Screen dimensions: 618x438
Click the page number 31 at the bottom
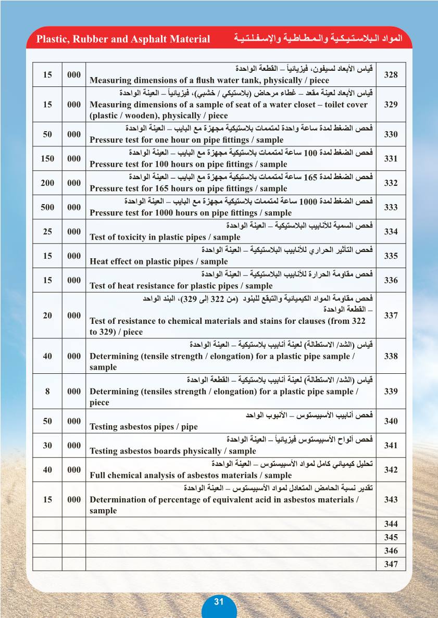click(219, 602)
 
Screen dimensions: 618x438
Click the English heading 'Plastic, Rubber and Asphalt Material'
click(123, 40)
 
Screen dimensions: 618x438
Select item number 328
click(391, 75)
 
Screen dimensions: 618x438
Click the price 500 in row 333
click(47, 207)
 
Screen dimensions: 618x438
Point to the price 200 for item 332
click(47, 183)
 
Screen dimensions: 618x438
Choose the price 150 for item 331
click(47, 158)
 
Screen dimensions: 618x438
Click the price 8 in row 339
click(47, 392)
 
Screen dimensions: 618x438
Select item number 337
click(391, 316)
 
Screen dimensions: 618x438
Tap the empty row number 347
click(391, 564)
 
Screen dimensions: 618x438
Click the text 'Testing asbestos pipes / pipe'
click(144, 427)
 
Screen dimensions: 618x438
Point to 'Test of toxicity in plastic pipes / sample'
click(165, 237)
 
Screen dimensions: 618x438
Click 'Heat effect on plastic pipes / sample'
click(159, 262)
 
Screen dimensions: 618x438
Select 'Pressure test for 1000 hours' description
click(191, 213)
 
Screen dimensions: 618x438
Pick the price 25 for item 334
click(47, 231)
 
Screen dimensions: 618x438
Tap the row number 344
click(391, 524)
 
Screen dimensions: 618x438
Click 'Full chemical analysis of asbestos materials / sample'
click(191, 475)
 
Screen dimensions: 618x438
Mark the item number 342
click(391, 470)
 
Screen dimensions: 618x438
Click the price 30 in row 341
click(47, 445)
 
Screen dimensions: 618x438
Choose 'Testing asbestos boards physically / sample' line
click(173, 451)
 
